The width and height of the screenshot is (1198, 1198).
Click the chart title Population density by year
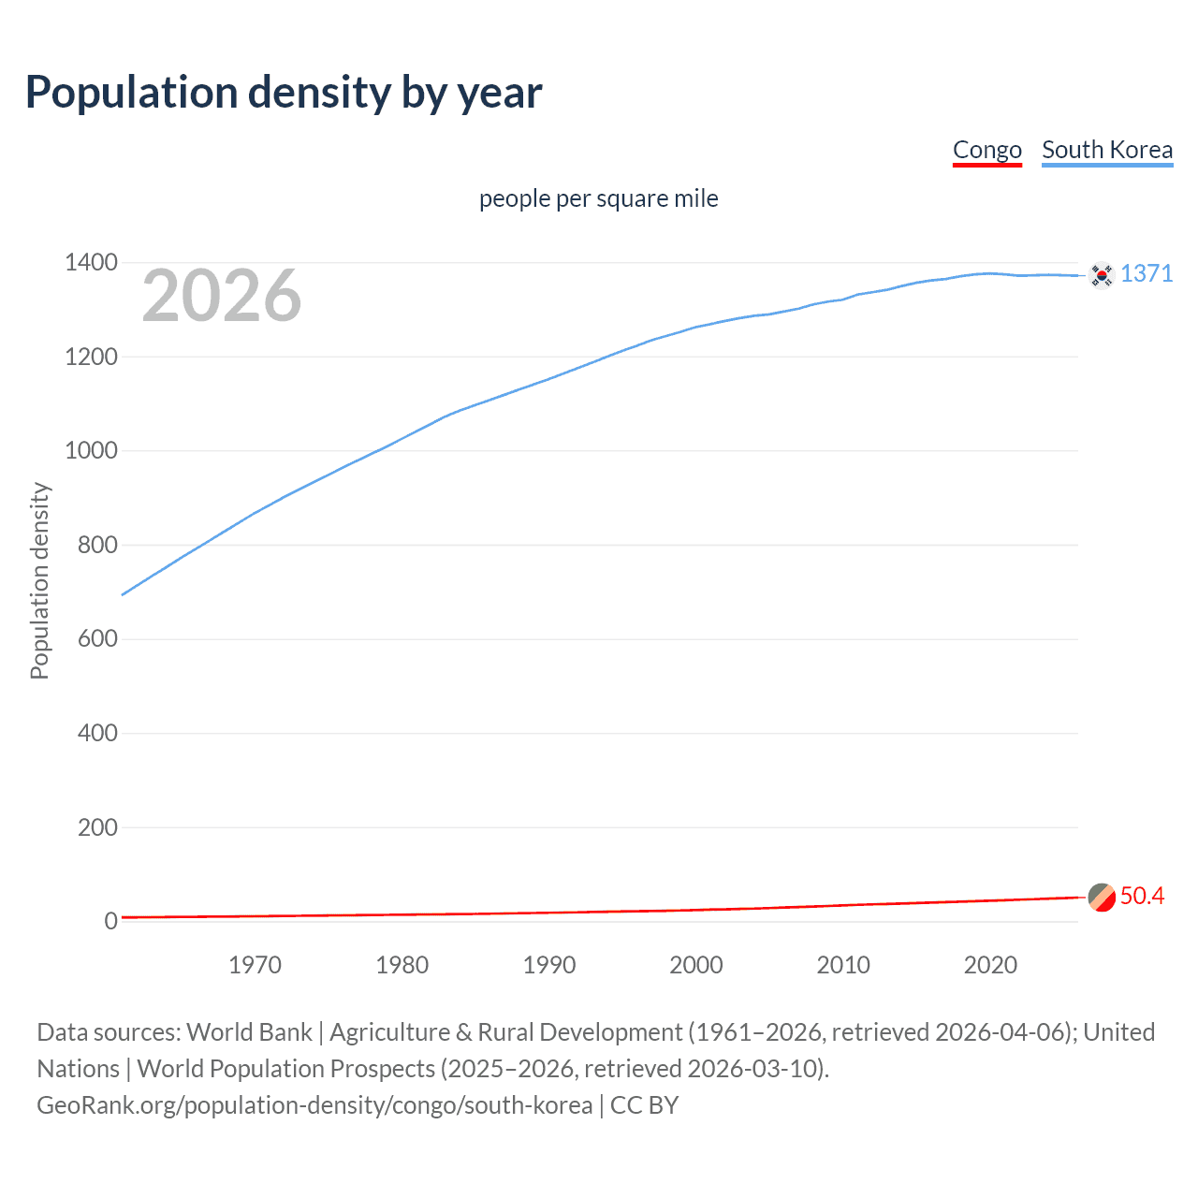pos(284,93)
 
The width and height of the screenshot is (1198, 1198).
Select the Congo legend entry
pos(986,150)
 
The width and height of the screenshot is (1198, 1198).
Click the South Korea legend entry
pos(1106,150)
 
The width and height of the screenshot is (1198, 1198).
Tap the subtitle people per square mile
pos(598,198)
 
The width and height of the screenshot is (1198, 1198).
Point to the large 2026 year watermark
pos(222,296)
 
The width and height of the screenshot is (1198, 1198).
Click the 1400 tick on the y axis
pos(91,263)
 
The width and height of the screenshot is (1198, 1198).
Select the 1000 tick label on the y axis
pos(91,451)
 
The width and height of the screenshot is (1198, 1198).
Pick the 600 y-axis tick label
pos(97,639)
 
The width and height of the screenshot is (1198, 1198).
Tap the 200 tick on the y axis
pos(97,827)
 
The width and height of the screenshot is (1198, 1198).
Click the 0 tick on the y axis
pos(111,921)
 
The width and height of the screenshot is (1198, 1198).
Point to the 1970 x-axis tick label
pos(255,965)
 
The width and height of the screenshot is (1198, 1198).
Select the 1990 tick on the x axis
pos(549,965)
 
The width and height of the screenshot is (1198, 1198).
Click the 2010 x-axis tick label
pos(843,965)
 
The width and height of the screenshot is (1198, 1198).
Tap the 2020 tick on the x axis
pos(990,965)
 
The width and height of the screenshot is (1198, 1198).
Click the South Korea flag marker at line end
pos(1102,275)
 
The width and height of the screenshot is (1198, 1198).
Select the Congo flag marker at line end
pos(1102,897)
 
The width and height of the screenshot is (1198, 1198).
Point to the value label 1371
pos(1146,273)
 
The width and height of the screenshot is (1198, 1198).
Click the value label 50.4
pos(1142,896)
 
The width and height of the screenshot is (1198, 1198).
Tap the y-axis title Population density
pos(39,580)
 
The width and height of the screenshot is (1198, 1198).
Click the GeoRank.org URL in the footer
pos(314,1105)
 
